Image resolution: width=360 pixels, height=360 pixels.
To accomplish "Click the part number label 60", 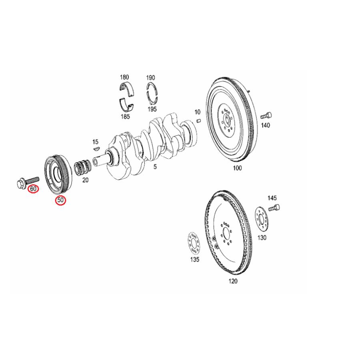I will click(33, 188).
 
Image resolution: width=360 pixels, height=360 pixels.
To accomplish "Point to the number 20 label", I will click(85, 180).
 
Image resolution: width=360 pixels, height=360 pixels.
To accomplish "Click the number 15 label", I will click(95, 142).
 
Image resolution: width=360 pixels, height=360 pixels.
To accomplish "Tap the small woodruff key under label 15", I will click(96, 148).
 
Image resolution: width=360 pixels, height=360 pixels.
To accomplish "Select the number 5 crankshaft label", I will click(155, 166).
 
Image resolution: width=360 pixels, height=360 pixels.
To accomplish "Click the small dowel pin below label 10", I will click(198, 120).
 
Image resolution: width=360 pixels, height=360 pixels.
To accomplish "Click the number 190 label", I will click(150, 78).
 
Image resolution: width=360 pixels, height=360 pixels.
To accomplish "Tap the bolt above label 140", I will click(266, 116).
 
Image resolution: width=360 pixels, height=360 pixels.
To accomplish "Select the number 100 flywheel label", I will click(237, 168).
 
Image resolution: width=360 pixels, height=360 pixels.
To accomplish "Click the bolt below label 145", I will click(274, 208).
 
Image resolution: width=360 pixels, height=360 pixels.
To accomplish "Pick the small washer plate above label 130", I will click(262, 219).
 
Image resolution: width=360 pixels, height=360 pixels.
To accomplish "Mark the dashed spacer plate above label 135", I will click(194, 244).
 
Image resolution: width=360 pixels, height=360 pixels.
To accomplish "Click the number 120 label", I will click(233, 281).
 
